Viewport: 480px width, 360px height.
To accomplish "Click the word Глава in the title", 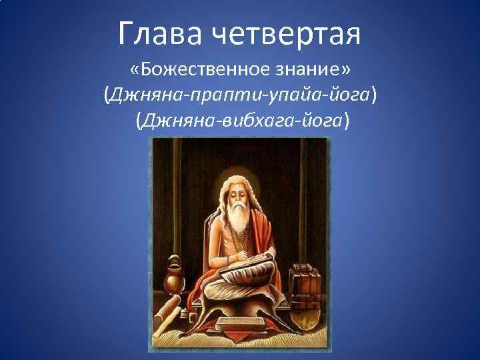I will (x=161, y=33).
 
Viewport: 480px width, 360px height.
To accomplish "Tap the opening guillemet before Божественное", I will (x=137, y=71).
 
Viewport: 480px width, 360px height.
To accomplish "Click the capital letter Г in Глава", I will (x=127, y=33).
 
